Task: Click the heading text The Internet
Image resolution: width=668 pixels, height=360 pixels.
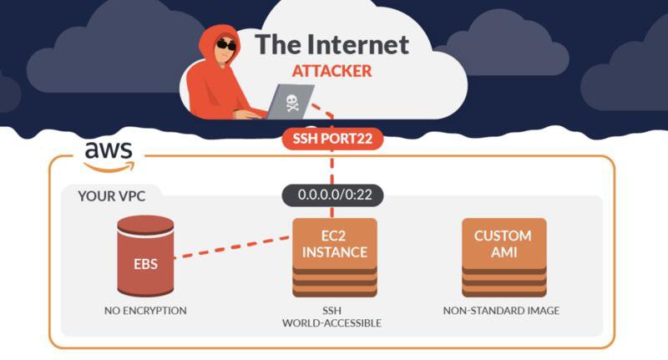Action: point(331,43)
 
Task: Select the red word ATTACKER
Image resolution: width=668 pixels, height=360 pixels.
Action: point(331,71)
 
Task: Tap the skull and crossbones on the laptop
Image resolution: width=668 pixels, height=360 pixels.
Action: point(292,103)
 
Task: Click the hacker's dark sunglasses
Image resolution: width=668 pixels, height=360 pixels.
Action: point(225,44)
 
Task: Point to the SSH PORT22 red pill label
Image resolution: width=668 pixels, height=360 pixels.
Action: point(332,138)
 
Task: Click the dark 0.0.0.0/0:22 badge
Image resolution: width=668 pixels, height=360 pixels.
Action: point(332,195)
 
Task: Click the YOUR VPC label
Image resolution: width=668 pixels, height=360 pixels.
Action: point(113,196)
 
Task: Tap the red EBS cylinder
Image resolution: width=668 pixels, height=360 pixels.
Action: point(145,256)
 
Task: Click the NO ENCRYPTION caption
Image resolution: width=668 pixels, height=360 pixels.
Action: point(145,311)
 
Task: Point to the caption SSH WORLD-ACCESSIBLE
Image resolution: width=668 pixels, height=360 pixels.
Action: point(334,317)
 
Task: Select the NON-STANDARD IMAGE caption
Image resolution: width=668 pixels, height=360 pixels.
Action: point(503,311)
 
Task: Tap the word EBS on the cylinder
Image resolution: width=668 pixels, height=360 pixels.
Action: point(145,265)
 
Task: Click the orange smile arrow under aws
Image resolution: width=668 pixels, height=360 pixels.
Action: point(109,165)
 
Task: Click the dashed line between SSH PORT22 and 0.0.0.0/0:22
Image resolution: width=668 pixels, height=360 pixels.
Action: point(332,167)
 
